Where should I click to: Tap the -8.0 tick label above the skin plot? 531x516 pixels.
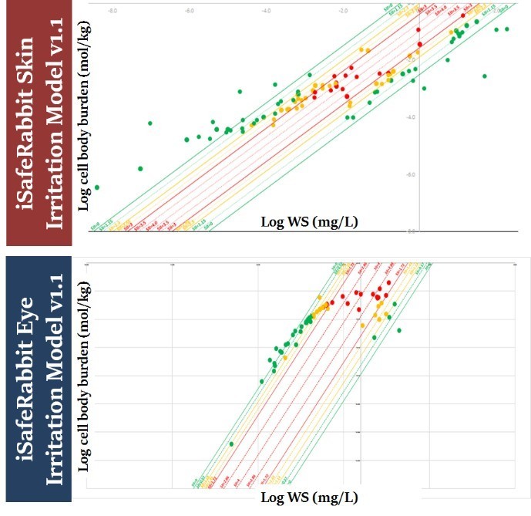113,11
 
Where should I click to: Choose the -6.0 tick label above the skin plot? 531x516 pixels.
190,11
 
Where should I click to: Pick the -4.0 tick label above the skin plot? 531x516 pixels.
266,11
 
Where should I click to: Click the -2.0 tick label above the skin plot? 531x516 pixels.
343,11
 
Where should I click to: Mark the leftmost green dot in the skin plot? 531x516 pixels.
96,187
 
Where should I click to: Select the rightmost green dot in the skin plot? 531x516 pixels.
507,29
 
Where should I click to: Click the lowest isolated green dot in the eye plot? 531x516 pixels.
231,443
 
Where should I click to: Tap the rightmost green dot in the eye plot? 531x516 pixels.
399,330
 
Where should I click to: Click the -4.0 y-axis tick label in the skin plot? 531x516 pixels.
413,116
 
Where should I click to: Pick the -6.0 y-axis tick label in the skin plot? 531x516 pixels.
413,174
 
